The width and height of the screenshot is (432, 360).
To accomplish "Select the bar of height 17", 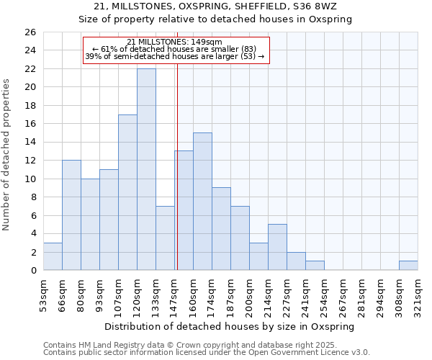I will pos(127,192).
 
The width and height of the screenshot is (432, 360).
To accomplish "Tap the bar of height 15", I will pos(202,202).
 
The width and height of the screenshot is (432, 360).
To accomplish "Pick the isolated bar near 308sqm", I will pos(408,266).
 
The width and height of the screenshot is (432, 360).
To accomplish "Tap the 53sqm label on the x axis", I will pos(43,294).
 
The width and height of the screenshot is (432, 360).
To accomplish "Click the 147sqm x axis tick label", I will pos(174,294).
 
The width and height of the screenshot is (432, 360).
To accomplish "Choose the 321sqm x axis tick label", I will pos(418,294).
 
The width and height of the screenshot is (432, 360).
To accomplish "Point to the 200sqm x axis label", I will pos(249,294).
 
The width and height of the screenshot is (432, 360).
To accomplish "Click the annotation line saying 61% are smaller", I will pos(174,49).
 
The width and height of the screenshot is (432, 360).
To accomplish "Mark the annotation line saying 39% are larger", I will pos(174,56).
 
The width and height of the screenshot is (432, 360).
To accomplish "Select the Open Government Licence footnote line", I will pos(206,353).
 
